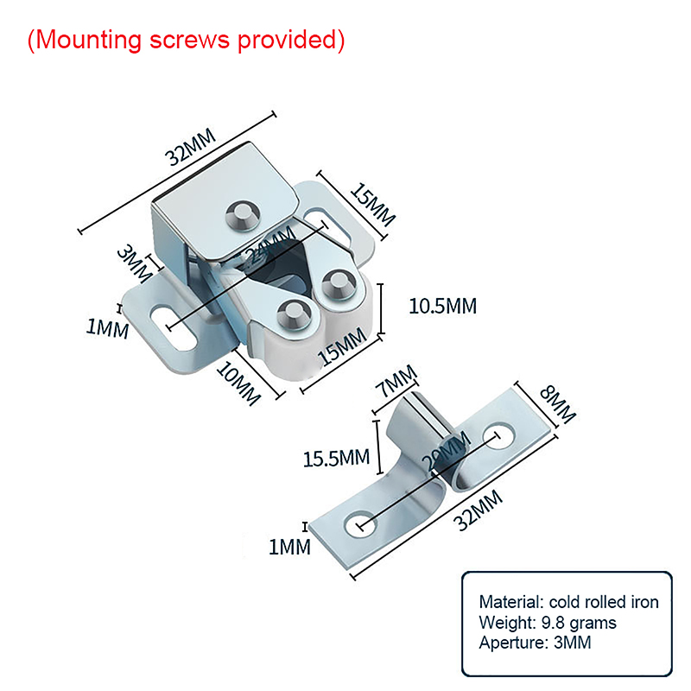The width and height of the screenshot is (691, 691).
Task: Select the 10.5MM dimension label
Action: coord(442,306)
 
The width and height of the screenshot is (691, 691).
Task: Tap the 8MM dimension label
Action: coord(557,405)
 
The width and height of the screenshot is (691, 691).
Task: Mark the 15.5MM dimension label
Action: coord(335,456)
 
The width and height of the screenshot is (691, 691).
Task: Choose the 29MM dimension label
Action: coord(446,453)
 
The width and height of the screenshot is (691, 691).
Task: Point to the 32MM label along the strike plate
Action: coord(478,512)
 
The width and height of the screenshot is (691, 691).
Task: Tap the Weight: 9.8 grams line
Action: coord(548,622)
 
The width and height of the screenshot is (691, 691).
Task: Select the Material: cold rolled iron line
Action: coord(568,602)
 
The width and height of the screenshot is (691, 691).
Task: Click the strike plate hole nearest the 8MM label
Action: coord(498,435)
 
